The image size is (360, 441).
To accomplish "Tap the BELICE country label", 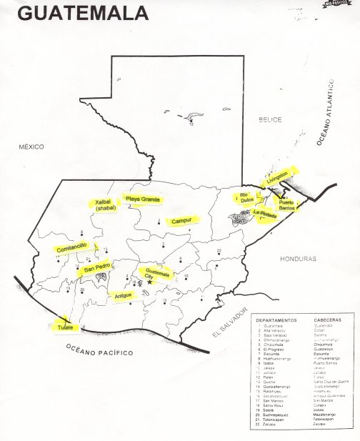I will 271,119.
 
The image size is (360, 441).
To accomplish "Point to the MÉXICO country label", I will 31,147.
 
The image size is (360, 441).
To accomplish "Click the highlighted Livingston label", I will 277,177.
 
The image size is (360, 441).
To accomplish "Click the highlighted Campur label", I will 181,222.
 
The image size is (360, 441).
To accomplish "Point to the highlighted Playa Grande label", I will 143,199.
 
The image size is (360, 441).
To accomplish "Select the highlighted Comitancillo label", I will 71,247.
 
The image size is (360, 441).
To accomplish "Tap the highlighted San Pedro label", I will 97,269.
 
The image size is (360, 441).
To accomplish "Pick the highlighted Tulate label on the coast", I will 66,327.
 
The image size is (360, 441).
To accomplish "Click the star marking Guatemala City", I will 149,282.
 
